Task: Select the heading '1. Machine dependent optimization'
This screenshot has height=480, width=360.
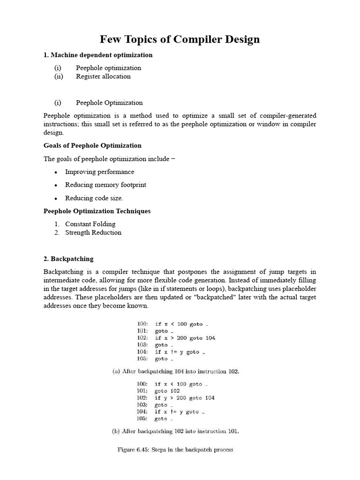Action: coord(98,55)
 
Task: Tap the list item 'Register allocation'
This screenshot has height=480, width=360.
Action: coord(103,76)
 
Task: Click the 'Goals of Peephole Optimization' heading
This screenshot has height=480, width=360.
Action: coord(92,145)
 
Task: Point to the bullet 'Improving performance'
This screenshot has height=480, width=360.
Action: coord(99,172)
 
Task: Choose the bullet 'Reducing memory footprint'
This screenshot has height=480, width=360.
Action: coord(105,185)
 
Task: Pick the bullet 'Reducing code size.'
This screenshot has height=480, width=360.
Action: coord(94,198)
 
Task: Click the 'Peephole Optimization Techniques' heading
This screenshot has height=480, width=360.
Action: coord(97,211)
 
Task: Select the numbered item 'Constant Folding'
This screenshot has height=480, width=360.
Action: coord(90,224)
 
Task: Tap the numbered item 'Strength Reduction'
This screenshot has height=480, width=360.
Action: coord(93,232)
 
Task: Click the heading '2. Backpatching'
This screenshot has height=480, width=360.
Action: coord(68,259)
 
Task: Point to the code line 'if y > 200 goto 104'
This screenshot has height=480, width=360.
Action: coord(185,398)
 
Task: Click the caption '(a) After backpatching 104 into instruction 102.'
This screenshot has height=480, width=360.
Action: coord(176,372)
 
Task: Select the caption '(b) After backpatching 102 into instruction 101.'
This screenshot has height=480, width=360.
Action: coord(176,431)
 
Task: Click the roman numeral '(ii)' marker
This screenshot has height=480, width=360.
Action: coord(58,76)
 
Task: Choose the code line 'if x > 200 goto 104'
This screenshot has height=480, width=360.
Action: coord(185,338)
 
